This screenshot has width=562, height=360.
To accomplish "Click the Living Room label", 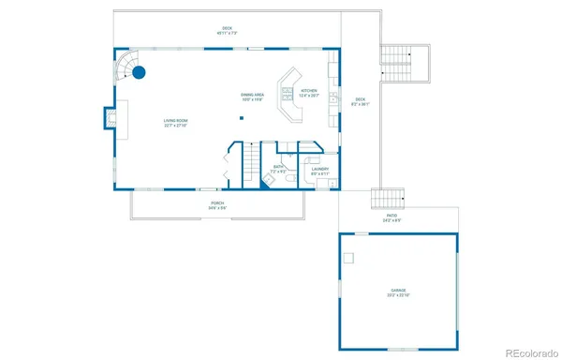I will pyautogui.click(x=175, y=122).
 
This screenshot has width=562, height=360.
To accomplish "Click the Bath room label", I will pyautogui.click(x=278, y=169).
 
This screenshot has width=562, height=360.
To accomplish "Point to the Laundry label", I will pyautogui.click(x=319, y=171).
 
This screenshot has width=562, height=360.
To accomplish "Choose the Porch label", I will pyautogui.click(x=216, y=204).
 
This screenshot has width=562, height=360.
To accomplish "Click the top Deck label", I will pyautogui.click(x=227, y=31).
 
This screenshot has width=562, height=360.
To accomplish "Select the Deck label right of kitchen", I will pyautogui.click(x=360, y=102).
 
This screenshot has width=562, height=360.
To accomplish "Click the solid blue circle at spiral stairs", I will pyautogui.click(x=139, y=71).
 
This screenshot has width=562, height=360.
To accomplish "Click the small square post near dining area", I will pyautogui.click(x=241, y=118).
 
